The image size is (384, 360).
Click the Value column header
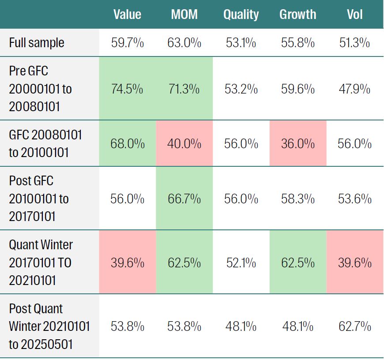pos(127,15)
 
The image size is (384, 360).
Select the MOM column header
pos(184,15)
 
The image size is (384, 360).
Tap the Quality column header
pos(241,15)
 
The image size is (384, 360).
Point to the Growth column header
pos(298,15)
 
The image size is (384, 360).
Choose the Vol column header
pos(355,15)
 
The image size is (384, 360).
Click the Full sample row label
pos(37,43)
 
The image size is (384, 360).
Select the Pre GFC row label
pos(40,89)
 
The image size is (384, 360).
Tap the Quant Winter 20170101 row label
pos(41,263)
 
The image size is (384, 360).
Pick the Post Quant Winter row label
pos(49,326)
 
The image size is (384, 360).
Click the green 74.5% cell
pos(127,89)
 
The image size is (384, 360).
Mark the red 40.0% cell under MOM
pos(184,144)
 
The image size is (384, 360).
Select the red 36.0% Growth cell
pos(298,144)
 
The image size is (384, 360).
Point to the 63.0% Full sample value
pos(184,43)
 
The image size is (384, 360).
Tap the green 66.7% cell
pos(184,199)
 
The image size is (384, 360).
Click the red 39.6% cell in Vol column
pos(355,263)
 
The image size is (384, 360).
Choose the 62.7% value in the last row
pos(355,326)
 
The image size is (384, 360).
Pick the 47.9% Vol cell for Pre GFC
pos(355,89)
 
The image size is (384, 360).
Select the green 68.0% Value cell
pos(127,144)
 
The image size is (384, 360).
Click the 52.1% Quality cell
pos(241,263)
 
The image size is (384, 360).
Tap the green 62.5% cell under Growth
pos(298,263)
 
